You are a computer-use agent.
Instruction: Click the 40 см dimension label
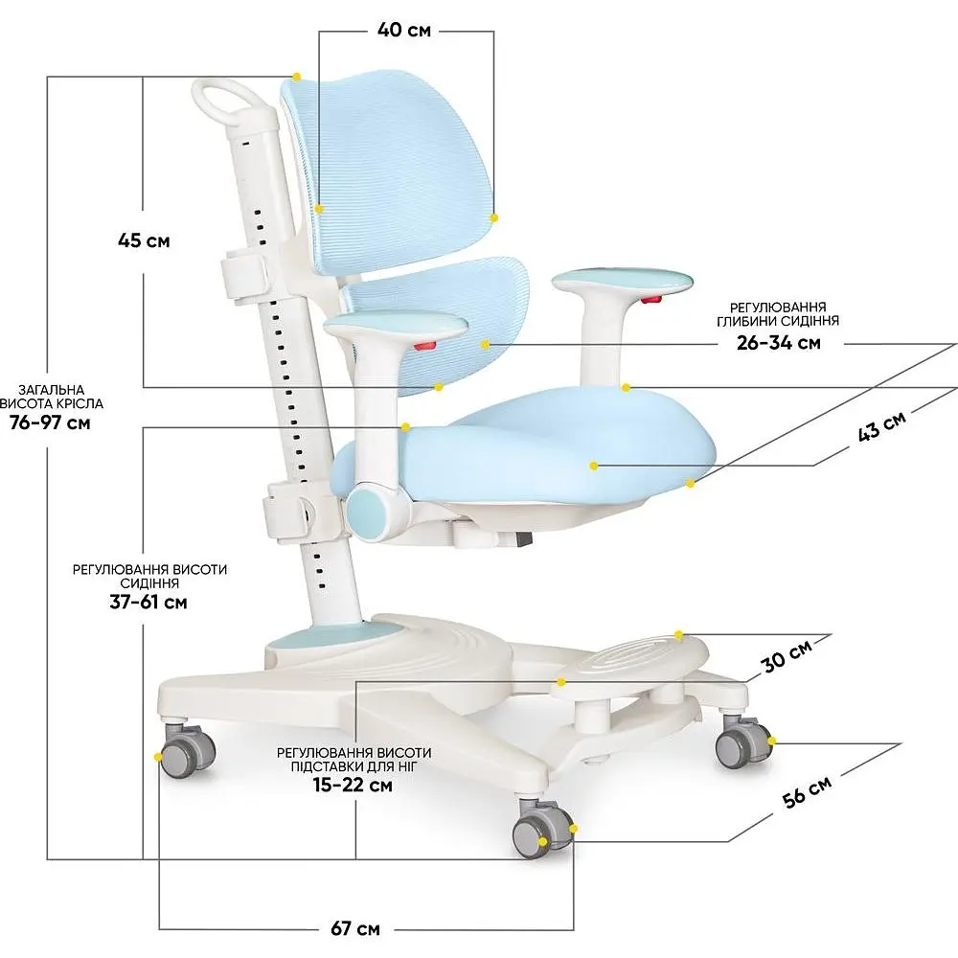(404, 30)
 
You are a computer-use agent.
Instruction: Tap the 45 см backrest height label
(144, 240)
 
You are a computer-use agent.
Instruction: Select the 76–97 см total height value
(50, 422)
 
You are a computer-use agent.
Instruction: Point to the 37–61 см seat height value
(148, 602)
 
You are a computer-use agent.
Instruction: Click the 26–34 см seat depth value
(778, 342)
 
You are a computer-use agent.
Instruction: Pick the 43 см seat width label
(881, 426)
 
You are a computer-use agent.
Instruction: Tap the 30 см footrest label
(787, 655)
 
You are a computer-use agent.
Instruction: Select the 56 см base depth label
(807, 792)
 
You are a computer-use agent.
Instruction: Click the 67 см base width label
(355, 929)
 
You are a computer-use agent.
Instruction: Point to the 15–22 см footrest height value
(353, 785)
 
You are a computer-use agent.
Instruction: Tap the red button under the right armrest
(651, 299)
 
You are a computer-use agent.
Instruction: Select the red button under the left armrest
(425, 347)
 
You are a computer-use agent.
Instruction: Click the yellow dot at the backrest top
(297, 77)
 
